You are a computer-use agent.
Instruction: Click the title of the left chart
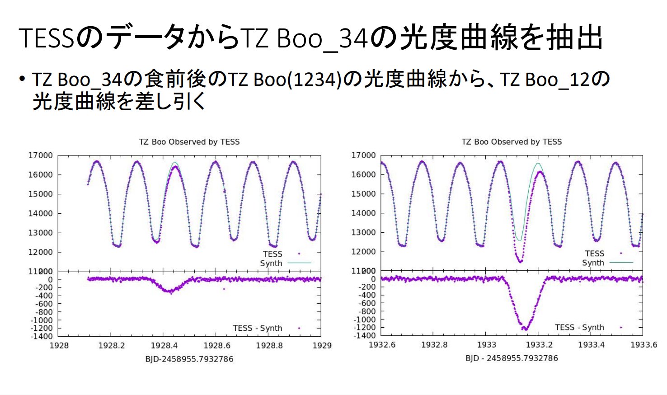(x=189, y=142)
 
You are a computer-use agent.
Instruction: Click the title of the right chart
(x=511, y=142)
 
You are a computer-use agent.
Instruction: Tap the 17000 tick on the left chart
(x=41, y=155)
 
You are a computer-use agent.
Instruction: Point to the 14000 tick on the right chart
(x=363, y=213)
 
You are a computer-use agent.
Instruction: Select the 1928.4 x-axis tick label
(x=164, y=346)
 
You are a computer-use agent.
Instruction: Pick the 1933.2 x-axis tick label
(x=539, y=345)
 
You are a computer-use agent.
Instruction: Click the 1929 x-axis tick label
(x=322, y=346)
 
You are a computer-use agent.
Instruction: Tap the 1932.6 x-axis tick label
(x=382, y=345)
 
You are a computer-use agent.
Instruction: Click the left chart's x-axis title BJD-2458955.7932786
(x=189, y=359)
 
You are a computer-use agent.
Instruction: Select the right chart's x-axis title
(x=512, y=358)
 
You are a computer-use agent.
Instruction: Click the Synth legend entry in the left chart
(x=271, y=263)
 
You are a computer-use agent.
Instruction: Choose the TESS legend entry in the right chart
(x=595, y=254)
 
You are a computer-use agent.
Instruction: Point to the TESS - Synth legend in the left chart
(x=258, y=328)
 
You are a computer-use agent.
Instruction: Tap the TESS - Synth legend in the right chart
(x=580, y=327)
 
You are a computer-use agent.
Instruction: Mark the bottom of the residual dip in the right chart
(x=525, y=329)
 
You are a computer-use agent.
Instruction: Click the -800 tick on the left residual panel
(x=44, y=312)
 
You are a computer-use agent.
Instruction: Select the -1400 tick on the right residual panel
(x=366, y=335)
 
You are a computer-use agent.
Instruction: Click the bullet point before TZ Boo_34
(x=22, y=80)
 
